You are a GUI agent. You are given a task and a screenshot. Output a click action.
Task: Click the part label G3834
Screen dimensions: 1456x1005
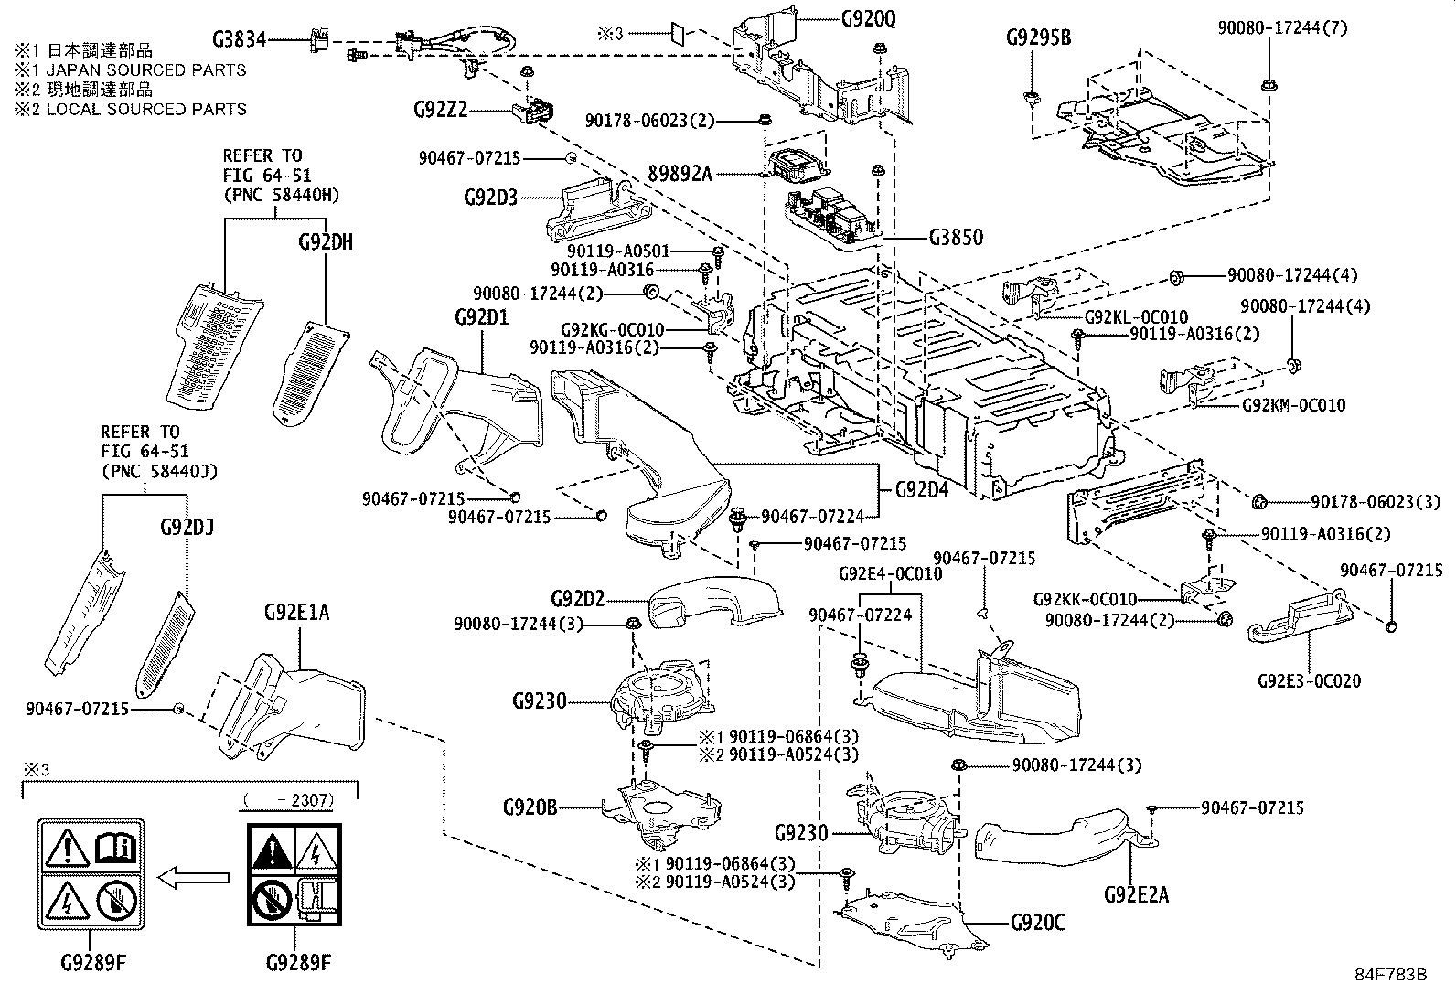pyautogui.click(x=240, y=39)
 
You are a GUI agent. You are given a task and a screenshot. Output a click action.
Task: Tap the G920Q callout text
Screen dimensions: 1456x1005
pyautogui.click(x=869, y=19)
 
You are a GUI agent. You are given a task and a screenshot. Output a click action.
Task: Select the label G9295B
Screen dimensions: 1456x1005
pyautogui.click(x=1039, y=37)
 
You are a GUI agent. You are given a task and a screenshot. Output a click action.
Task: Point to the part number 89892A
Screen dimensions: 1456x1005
pyautogui.click(x=680, y=174)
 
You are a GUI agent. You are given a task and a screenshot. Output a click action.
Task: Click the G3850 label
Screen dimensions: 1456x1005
pyautogui.click(x=956, y=237)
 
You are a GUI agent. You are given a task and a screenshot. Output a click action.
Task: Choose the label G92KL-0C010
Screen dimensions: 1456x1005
pyautogui.click(x=1136, y=317)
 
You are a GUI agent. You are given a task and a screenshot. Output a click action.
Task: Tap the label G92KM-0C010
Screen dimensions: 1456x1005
pyautogui.click(x=1293, y=405)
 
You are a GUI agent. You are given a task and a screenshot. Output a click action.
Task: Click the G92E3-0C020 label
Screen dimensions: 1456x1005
pyautogui.click(x=1309, y=680)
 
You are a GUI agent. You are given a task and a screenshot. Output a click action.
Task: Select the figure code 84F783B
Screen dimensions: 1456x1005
pyautogui.click(x=1390, y=975)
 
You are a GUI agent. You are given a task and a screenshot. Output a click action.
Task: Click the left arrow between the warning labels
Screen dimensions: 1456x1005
pyautogui.click(x=194, y=878)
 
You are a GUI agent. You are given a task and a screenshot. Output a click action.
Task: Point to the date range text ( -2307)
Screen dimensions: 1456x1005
pyautogui.click(x=289, y=800)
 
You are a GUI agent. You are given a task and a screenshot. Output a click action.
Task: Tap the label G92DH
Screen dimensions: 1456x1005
pyautogui.click(x=326, y=242)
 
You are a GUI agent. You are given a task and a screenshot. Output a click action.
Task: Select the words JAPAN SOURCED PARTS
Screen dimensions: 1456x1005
pyautogui.click(x=146, y=70)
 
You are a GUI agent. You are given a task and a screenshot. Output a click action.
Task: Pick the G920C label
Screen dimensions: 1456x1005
pyautogui.click(x=1037, y=923)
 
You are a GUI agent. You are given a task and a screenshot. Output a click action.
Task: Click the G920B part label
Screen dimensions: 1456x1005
pyautogui.click(x=530, y=807)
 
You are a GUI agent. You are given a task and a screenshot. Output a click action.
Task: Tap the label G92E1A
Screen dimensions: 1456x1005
pyautogui.click(x=297, y=613)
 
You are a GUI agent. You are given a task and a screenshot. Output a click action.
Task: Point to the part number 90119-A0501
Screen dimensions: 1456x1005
pyautogui.click(x=618, y=251)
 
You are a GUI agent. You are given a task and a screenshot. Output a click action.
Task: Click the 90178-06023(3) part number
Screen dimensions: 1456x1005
pyautogui.click(x=1376, y=502)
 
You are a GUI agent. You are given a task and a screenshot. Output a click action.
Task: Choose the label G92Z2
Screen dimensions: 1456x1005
pyautogui.click(x=441, y=110)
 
